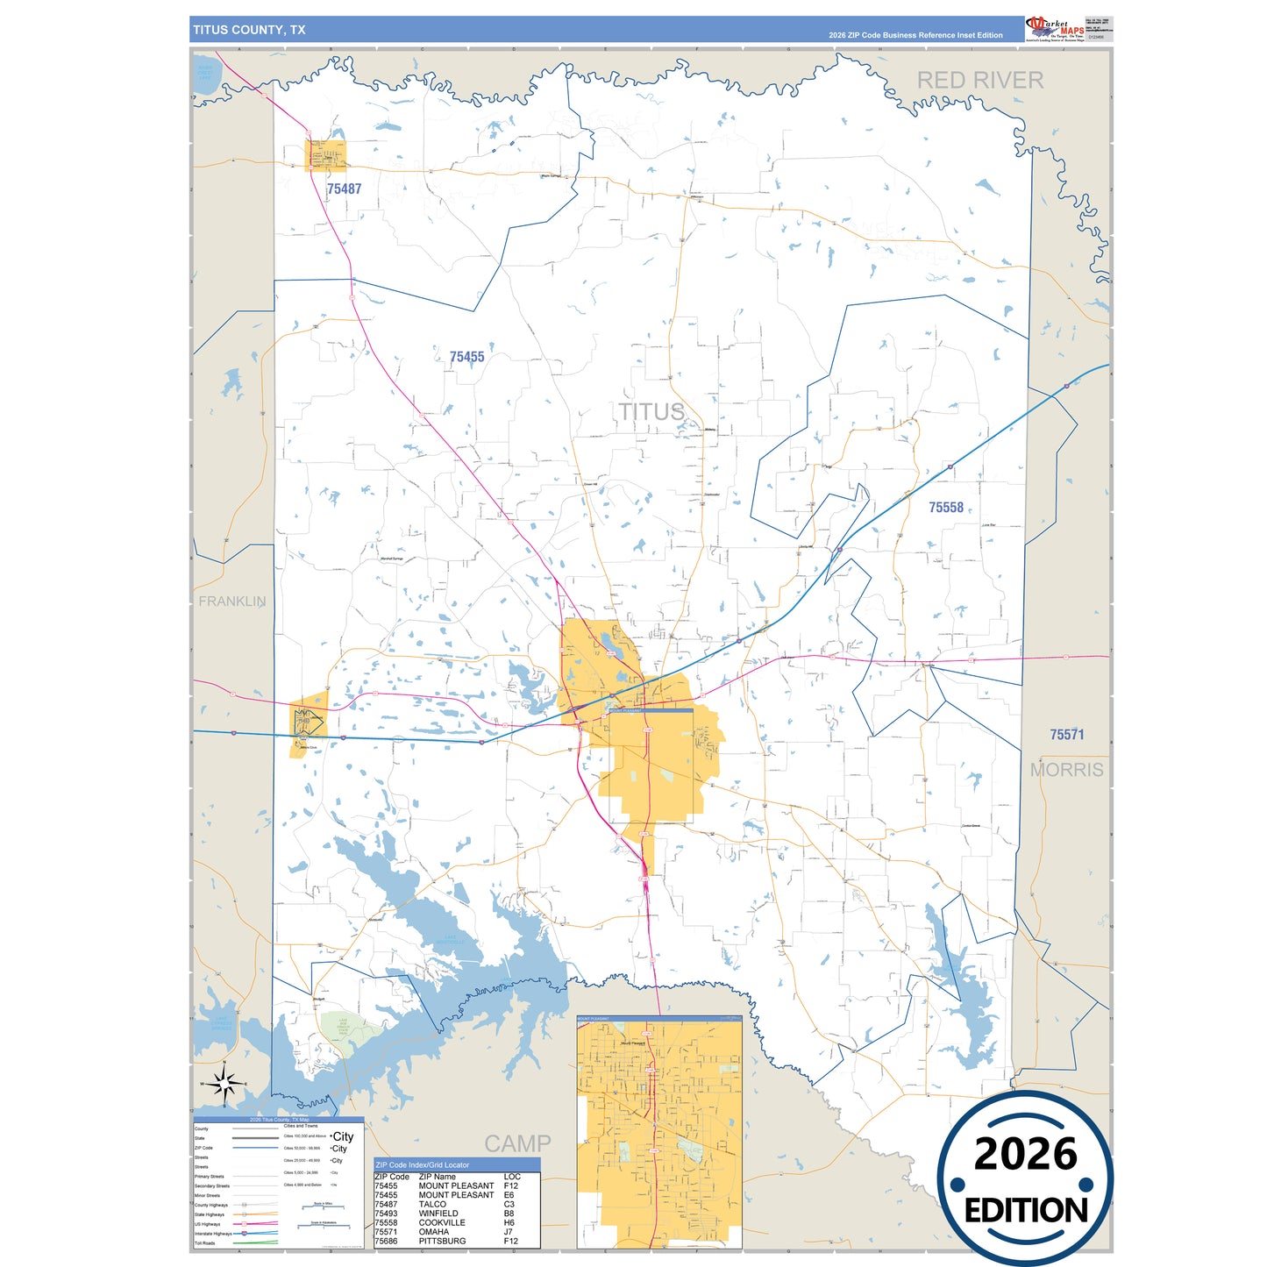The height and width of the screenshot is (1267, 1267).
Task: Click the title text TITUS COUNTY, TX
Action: (x=249, y=30)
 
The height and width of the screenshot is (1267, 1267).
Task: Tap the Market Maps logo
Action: (x=1055, y=29)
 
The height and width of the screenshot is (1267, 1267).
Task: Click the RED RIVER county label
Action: (x=979, y=81)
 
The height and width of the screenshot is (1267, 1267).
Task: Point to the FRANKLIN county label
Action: (x=231, y=601)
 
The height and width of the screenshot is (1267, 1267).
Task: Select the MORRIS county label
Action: (x=1066, y=770)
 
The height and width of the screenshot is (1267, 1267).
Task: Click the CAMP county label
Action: (x=517, y=1143)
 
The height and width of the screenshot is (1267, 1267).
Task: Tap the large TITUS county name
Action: (x=651, y=411)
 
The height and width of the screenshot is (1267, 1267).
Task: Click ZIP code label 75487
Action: (x=344, y=189)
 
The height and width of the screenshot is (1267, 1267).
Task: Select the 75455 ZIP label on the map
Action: (x=466, y=357)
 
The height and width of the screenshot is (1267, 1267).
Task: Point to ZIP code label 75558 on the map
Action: (x=945, y=508)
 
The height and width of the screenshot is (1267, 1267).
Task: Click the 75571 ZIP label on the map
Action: (x=1066, y=735)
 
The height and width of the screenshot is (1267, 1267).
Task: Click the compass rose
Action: (x=225, y=1085)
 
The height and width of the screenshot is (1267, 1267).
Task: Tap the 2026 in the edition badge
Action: (x=1025, y=1154)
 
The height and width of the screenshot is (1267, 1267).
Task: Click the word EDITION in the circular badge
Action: (x=1025, y=1211)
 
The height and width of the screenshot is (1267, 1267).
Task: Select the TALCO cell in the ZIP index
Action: (x=432, y=1205)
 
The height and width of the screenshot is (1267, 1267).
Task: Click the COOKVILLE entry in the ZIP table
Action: (x=442, y=1223)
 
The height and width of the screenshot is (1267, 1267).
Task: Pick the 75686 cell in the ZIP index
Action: (x=386, y=1242)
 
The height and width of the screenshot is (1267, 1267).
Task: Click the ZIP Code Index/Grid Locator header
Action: (x=422, y=1165)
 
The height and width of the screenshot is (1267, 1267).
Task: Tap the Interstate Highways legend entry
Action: (x=213, y=1234)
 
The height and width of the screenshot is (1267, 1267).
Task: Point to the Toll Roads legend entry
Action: (x=204, y=1243)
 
